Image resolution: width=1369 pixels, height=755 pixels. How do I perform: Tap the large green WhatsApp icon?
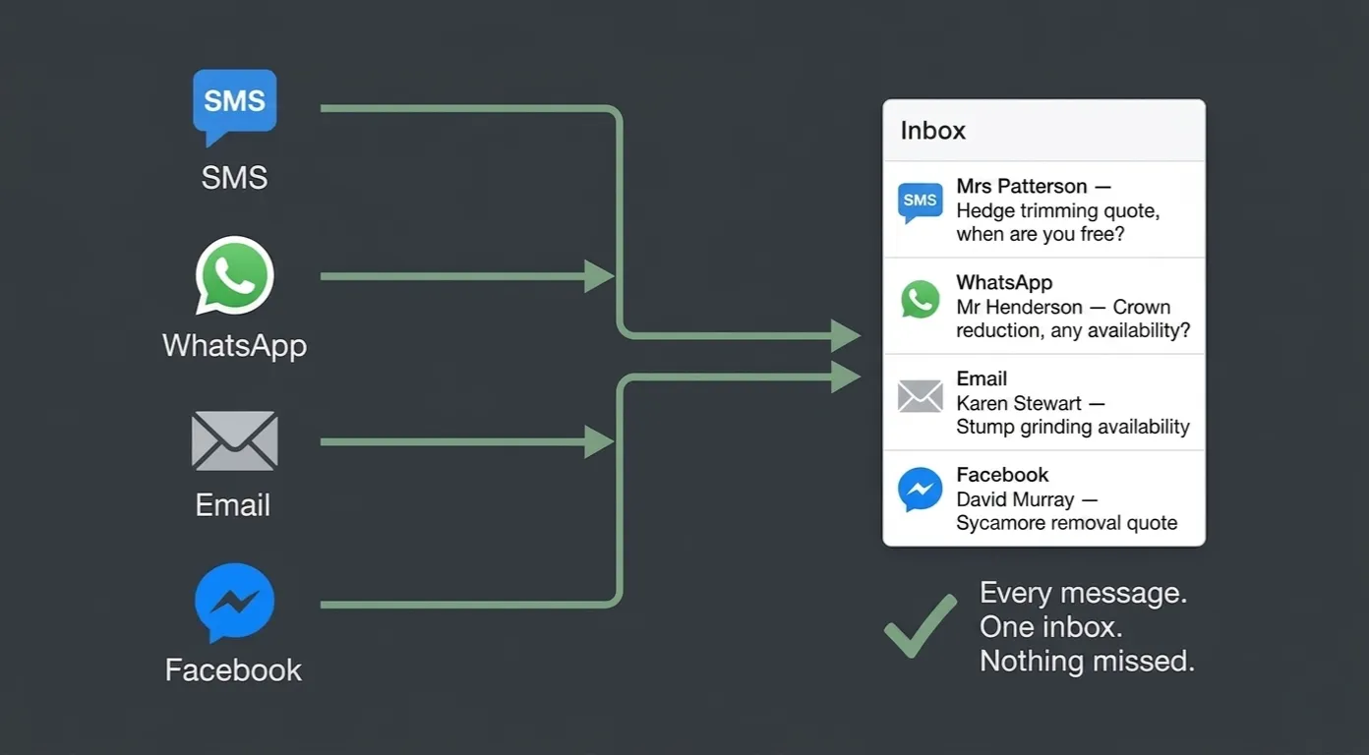click(x=234, y=275)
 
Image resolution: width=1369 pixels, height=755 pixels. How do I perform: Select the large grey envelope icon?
click(x=235, y=440)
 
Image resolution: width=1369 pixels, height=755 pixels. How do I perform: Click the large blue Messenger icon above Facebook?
click(x=235, y=602)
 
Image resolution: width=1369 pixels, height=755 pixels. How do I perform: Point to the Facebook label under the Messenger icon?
click(x=233, y=670)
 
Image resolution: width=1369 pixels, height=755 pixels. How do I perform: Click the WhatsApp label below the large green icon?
click(x=235, y=346)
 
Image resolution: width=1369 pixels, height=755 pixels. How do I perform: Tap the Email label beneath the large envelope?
click(x=233, y=505)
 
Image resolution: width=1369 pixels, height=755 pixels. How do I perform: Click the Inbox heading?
click(x=933, y=131)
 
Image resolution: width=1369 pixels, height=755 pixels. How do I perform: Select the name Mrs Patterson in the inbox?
click(x=1022, y=186)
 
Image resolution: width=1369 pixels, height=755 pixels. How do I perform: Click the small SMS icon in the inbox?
click(x=920, y=203)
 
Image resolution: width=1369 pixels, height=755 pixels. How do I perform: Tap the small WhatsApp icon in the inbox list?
click(x=920, y=299)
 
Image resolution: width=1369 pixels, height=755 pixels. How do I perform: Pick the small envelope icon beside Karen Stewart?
click(x=920, y=396)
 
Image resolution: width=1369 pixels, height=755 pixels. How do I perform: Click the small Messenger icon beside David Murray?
click(x=920, y=490)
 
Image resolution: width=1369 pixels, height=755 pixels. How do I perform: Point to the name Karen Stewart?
click(x=1019, y=403)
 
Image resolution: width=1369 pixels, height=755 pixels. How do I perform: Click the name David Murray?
click(x=1015, y=499)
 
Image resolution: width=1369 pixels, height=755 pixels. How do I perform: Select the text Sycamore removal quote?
click(x=1066, y=524)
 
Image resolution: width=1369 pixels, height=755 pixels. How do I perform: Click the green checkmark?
click(x=921, y=626)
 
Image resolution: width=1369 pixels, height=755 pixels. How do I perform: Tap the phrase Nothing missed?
click(x=1087, y=661)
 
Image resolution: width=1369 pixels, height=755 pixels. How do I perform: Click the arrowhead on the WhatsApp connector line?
click(x=599, y=276)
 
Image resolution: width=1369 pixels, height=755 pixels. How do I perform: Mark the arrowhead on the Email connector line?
click(x=599, y=442)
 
